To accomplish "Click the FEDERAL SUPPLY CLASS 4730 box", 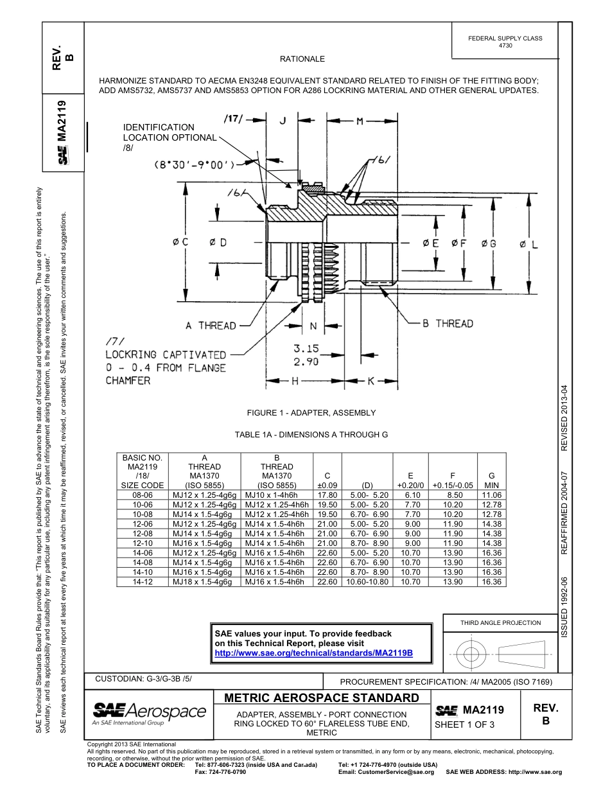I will (505, 42).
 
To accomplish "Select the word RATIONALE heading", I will (302, 59).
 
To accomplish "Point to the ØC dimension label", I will (180, 242).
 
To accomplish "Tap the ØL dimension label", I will (528, 244).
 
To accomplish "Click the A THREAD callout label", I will (211, 326).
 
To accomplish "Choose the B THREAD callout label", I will (447, 324).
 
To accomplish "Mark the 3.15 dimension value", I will (306, 349).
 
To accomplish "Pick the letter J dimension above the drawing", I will (283, 121).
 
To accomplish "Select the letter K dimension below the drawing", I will (370, 382).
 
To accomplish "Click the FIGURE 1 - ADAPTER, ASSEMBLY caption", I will (311, 413).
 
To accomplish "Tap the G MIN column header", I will (492, 480).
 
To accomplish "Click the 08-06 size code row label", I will (142, 495).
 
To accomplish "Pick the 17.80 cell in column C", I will (327, 495).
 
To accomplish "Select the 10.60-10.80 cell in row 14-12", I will (367, 582).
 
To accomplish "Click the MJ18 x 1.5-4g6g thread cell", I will (202, 582).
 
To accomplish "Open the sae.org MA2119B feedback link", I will (313, 653).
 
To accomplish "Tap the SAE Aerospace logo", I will (149, 712).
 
